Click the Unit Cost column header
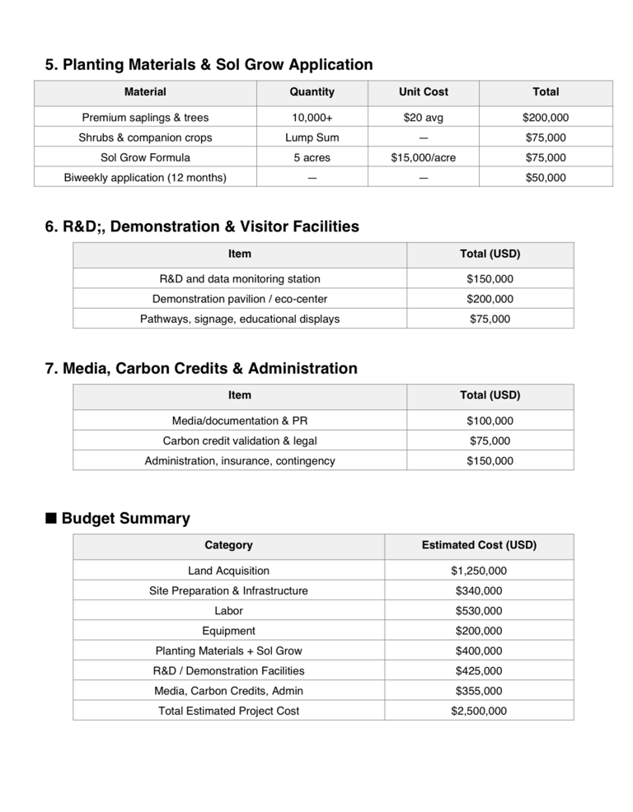coord(424,92)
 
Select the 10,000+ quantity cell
coord(312,118)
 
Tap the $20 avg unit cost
coord(424,118)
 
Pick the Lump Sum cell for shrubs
coord(312,138)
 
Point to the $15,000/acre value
coord(424,157)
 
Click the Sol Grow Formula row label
coord(145,157)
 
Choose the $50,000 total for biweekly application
coord(546,177)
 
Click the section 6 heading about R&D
coord(202,226)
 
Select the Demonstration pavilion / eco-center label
coord(239,299)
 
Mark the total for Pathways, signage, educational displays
coord(490,319)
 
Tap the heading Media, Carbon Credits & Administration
coord(201,368)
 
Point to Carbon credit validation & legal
coord(239,441)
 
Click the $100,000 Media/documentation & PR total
coord(490,421)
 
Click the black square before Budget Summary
coord(51,519)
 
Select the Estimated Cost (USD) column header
coord(479,545)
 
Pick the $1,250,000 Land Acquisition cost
coord(479,571)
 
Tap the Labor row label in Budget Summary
coord(228,611)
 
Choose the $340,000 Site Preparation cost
coord(479,590)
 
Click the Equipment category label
coord(228,631)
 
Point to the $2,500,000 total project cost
coord(479,711)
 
